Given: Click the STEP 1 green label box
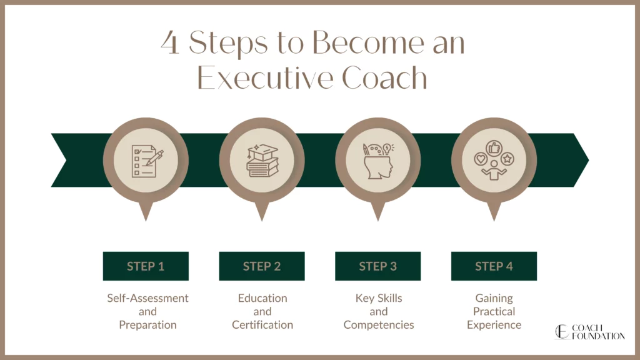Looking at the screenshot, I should point(146,266).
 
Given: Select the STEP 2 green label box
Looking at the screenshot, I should point(262,266).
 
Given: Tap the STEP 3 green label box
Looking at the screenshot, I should point(377,266).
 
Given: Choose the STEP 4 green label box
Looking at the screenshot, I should point(494,266).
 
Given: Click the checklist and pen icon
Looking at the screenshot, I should point(146,161).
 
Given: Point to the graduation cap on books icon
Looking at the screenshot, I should point(262,161).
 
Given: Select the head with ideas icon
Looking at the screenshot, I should point(377,161).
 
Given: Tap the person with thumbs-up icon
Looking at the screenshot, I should point(494,161).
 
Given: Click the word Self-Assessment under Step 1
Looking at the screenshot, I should point(147,298).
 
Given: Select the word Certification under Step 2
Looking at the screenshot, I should point(262,324).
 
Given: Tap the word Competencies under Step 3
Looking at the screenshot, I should point(378,324).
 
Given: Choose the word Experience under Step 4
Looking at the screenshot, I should point(494,324).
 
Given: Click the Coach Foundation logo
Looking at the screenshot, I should point(589,331).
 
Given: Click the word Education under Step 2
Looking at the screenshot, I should point(262,298).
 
